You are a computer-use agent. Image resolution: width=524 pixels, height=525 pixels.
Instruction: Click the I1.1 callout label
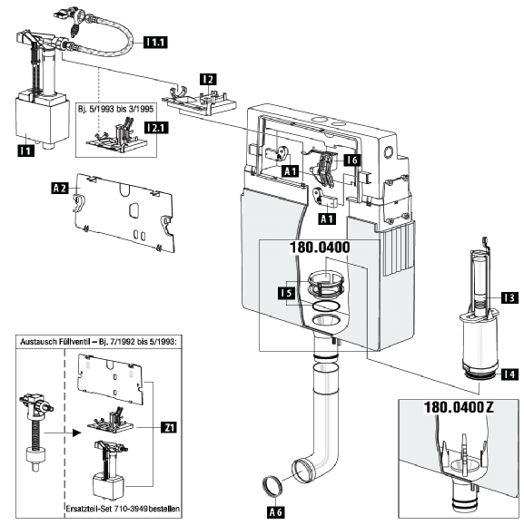pyautogui.click(x=155, y=43)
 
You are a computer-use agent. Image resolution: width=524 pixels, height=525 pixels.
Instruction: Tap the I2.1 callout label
pyautogui.click(x=156, y=128)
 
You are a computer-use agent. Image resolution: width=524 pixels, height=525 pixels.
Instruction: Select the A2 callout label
pyautogui.click(x=60, y=189)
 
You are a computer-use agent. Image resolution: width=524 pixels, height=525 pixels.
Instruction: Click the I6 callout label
pyautogui.click(x=352, y=160)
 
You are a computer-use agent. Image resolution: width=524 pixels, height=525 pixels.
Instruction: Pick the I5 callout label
pyautogui.click(x=286, y=293)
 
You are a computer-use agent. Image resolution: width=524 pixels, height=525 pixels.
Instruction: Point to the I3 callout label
pyautogui.click(x=509, y=297)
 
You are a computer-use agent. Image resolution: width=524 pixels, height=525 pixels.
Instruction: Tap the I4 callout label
pyautogui.click(x=509, y=374)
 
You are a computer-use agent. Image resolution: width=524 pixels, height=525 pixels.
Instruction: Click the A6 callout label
pyautogui.click(x=276, y=512)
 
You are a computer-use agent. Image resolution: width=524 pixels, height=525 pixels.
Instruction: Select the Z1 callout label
pyautogui.click(x=169, y=428)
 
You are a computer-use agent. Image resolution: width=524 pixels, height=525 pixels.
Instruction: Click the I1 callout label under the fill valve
pyautogui.click(x=25, y=151)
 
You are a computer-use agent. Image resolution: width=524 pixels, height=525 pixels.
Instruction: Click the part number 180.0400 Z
pyautogui.click(x=459, y=407)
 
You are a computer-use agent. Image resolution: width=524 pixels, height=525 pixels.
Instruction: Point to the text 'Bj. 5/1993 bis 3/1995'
pyautogui.click(x=115, y=109)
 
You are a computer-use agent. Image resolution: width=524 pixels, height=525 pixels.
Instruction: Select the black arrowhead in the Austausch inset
pyautogui.click(x=77, y=433)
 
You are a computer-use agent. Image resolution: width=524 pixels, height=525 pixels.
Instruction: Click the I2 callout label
pyautogui.click(x=208, y=80)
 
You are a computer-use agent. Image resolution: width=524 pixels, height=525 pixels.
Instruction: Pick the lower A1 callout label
pyautogui.click(x=327, y=219)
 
